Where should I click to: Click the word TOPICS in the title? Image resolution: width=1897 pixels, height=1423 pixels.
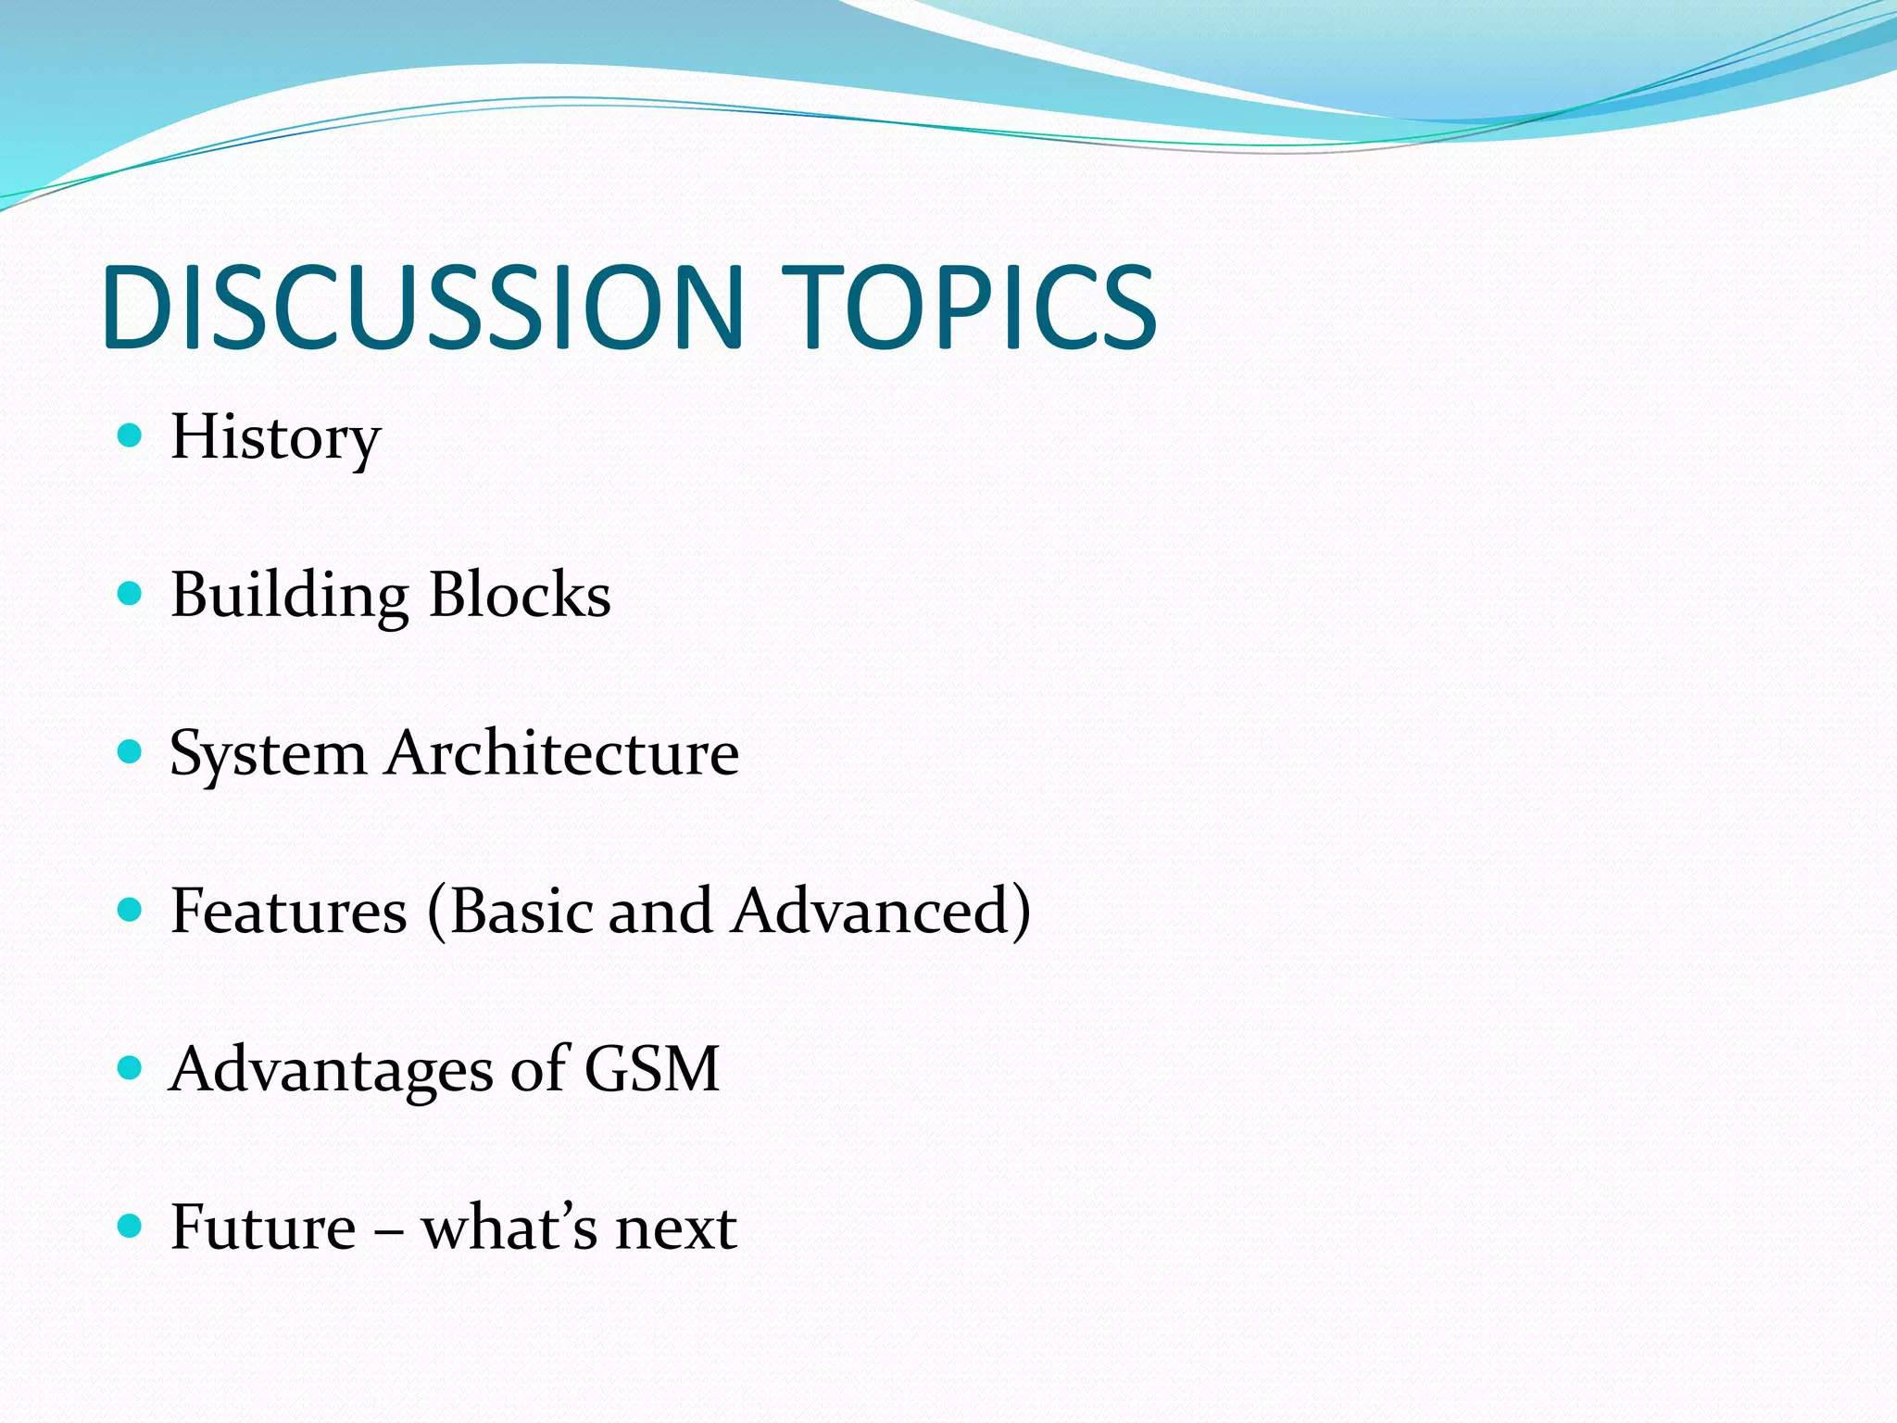pos(970,308)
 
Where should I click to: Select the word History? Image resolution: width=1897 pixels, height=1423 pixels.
pos(275,437)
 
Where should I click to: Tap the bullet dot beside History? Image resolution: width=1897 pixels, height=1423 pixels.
pos(131,435)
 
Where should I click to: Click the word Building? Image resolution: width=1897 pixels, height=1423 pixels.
pos(289,595)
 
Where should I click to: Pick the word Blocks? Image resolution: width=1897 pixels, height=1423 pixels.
pos(520,595)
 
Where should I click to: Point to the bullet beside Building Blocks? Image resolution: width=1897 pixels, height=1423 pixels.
pos(131,593)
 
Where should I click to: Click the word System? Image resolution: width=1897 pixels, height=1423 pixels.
pos(269,754)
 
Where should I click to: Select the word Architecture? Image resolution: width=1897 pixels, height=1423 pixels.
pos(563,752)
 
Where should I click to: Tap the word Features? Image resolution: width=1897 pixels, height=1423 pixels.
pos(289,911)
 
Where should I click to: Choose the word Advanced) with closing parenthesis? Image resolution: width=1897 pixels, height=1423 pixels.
pos(881,911)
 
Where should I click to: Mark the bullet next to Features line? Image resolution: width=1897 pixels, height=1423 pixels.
pos(131,910)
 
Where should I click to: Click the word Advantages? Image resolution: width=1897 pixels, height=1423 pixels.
pos(331,1070)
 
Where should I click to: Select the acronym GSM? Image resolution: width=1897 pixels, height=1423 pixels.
pos(652,1069)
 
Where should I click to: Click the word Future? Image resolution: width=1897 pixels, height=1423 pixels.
pos(264,1228)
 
